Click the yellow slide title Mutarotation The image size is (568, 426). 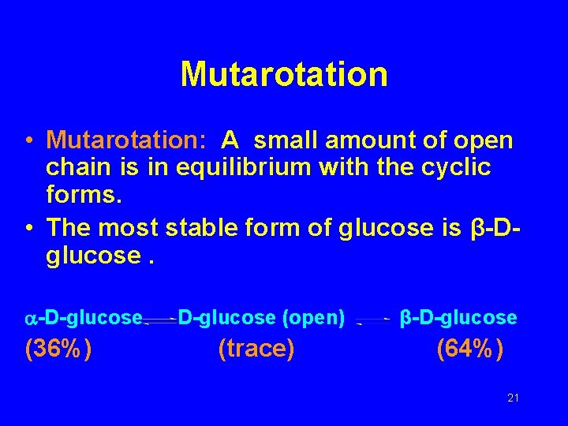tap(284, 75)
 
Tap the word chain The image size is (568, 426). tap(77, 167)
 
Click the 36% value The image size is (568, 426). tap(58, 348)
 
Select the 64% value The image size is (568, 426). tap(470, 348)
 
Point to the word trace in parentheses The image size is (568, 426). tap(256, 348)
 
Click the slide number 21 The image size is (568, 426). tap(513, 398)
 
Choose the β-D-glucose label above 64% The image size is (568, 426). tap(458, 318)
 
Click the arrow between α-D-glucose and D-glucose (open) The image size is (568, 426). tap(160, 320)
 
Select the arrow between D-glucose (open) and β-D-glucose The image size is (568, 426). tap(372, 320)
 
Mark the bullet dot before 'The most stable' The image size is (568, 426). tap(28, 228)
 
